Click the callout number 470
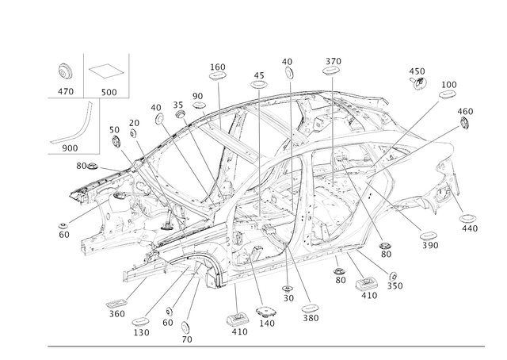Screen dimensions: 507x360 click(x=66, y=92)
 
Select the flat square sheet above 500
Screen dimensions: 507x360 click(x=105, y=71)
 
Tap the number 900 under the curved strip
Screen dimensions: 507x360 click(x=70, y=148)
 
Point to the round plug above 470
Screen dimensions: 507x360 click(x=65, y=71)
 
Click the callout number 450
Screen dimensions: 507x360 click(x=417, y=71)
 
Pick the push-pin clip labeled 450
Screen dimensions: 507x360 click(x=418, y=83)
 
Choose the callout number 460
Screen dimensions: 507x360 click(x=465, y=111)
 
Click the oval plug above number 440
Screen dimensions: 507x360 click(x=467, y=219)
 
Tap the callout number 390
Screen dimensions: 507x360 click(x=430, y=245)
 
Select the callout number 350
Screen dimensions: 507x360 click(x=395, y=286)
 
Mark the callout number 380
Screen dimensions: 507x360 click(x=311, y=318)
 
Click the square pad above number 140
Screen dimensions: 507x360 click(x=266, y=312)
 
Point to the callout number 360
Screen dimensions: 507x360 click(x=116, y=314)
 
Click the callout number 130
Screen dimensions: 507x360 click(x=141, y=332)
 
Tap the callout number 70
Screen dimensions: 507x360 click(x=187, y=339)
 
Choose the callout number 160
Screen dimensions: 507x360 click(x=218, y=67)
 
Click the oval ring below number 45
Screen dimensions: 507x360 click(x=259, y=85)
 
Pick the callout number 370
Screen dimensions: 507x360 click(x=333, y=61)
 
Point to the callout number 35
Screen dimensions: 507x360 click(x=177, y=105)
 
